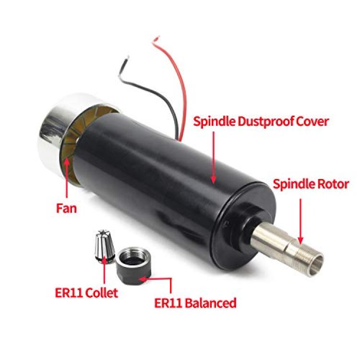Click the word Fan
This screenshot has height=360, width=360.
point(66,209)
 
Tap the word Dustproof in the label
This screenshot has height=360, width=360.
point(264,122)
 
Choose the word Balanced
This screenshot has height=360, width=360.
point(211,303)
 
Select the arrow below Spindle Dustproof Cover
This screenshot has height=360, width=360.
point(214,158)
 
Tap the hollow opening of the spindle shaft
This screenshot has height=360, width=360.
point(316,266)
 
